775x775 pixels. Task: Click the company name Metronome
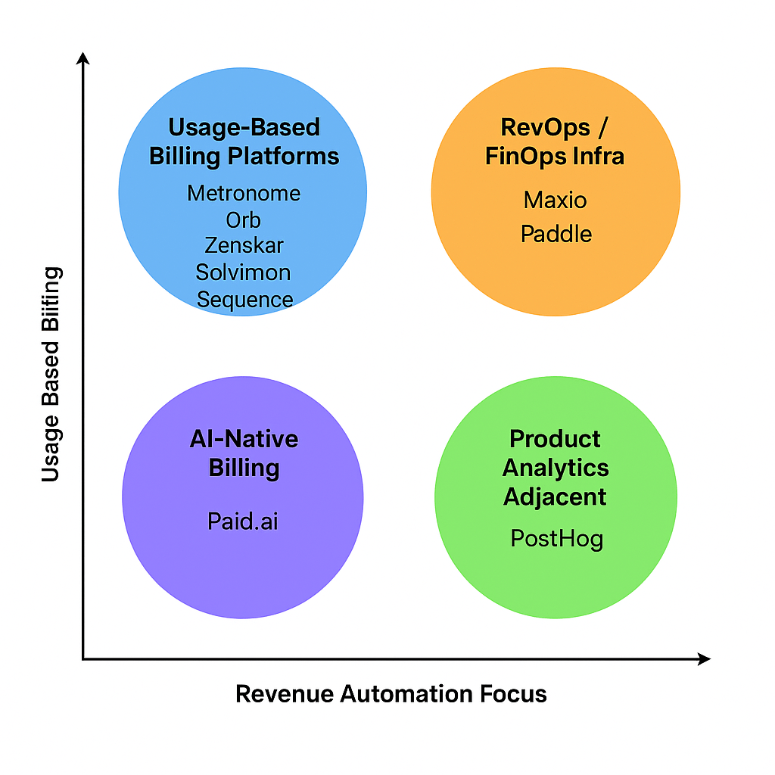[244, 193]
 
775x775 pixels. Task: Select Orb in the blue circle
[244, 220]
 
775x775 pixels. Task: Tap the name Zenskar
[244, 245]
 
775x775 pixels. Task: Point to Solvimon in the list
[244, 272]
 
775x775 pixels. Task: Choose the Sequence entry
[244, 299]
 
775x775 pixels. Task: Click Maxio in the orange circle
[556, 201]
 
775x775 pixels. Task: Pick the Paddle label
[556, 233]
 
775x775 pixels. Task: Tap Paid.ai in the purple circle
[243, 521]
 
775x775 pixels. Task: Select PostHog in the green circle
[557, 539]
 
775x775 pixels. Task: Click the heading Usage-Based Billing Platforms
[244, 142]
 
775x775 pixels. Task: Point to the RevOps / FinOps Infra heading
[556, 142]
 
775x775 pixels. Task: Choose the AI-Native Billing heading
[244, 453]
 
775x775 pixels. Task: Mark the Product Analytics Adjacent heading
[556, 468]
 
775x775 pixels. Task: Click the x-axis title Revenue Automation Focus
[391, 694]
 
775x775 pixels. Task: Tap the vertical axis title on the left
[50, 374]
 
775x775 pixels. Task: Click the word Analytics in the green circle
[556, 468]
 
